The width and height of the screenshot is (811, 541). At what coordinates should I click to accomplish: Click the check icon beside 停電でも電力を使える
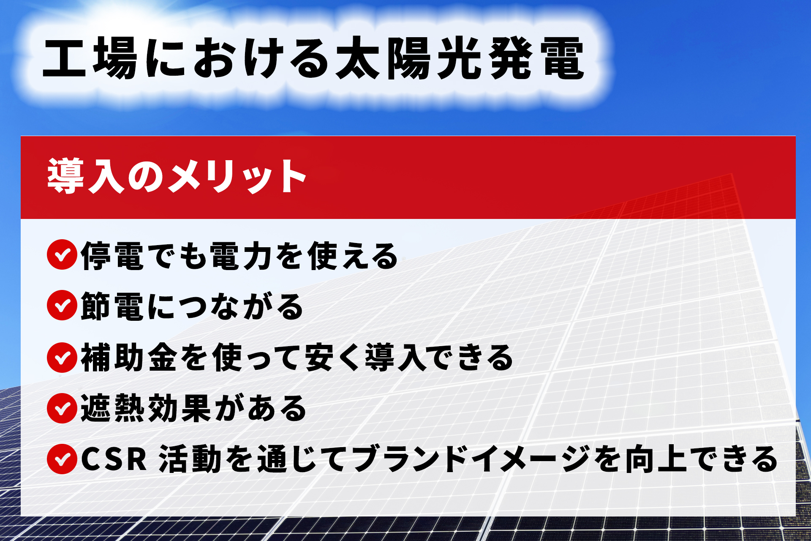pyautogui.click(x=62, y=254)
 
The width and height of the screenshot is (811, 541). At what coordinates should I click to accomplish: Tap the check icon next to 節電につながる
pyautogui.click(x=62, y=305)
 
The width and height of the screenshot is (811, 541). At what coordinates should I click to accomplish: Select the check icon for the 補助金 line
pyautogui.click(x=62, y=357)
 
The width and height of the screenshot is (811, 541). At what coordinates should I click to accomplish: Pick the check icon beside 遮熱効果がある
pyautogui.click(x=62, y=408)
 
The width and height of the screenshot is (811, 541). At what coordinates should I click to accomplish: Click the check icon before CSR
pyautogui.click(x=62, y=459)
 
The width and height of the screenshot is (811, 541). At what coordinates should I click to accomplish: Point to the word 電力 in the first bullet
pyautogui.click(x=241, y=256)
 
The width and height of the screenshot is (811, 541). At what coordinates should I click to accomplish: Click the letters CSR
pyautogui.click(x=114, y=459)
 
